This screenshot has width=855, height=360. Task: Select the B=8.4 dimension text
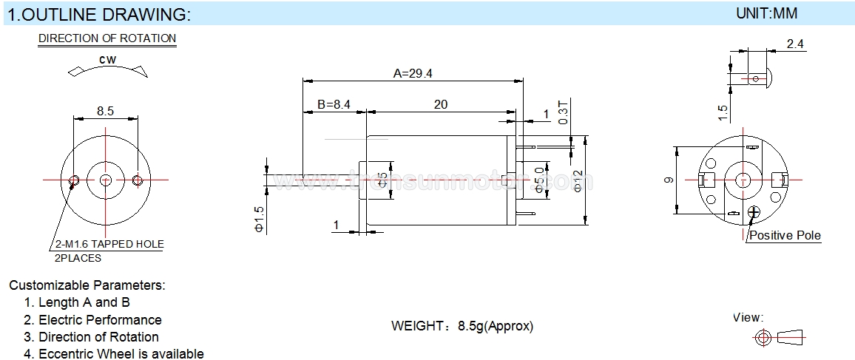(x=334, y=105)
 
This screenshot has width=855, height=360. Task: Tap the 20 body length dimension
(x=440, y=105)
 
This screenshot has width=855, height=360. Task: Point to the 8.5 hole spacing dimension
(x=105, y=112)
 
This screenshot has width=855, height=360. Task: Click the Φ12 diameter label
(x=578, y=180)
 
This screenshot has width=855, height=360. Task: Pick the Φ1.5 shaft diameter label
(x=259, y=220)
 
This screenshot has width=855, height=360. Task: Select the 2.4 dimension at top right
(x=795, y=44)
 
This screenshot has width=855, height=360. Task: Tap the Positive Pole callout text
(x=785, y=236)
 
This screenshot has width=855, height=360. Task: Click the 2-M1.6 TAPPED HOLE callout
(x=109, y=244)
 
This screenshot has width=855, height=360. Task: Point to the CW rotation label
(x=107, y=60)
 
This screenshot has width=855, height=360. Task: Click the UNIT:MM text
(x=767, y=13)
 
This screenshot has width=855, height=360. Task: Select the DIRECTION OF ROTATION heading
(x=107, y=38)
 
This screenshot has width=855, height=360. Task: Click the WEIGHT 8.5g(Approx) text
(x=462, y=326)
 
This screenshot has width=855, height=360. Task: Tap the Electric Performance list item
(x=100, y=320)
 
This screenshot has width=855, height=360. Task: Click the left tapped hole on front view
(x=74, y=180)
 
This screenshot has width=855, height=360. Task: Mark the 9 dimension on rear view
(x=669, y=180)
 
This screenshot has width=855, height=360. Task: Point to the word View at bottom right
(x=748, y=318)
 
